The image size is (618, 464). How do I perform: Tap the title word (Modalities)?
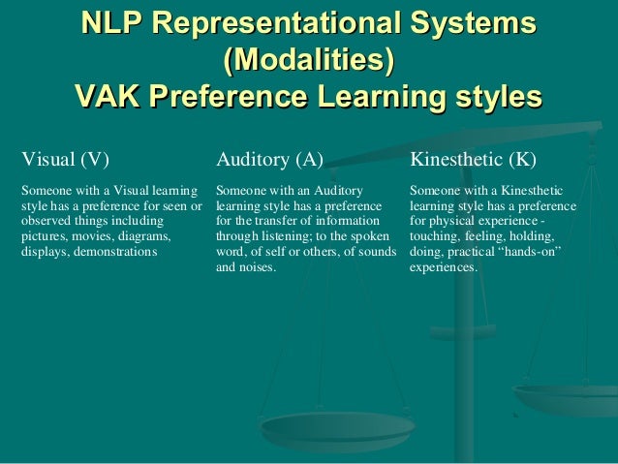pos(308,61)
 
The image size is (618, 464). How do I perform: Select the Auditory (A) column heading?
pos(269,159)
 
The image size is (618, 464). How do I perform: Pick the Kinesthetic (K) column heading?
pos(474,159)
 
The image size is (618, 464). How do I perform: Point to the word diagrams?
pos(144,235)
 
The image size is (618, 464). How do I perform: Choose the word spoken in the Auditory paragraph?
pos(372,235)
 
